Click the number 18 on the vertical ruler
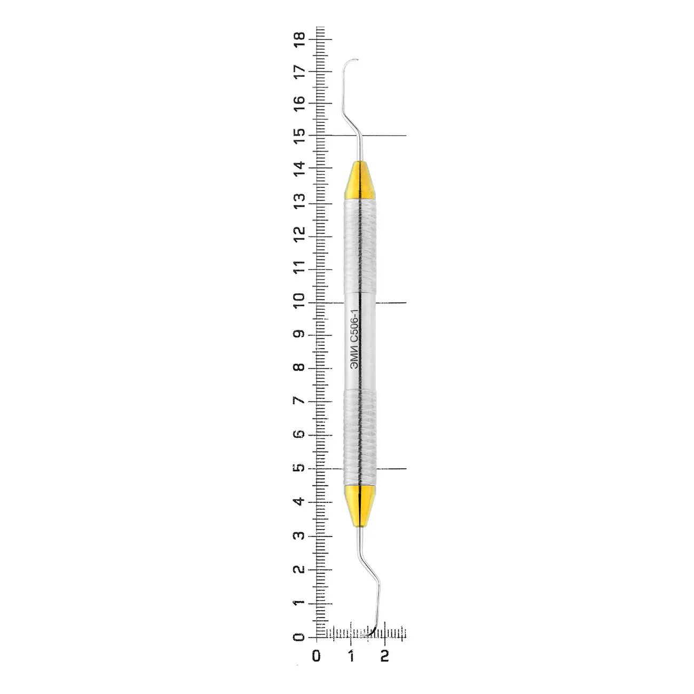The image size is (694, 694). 299,39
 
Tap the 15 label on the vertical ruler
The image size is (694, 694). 299,136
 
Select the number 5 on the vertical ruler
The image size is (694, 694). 299,468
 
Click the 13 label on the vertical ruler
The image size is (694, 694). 299,201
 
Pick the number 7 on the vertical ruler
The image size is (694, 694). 299,401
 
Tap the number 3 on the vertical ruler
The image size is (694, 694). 299,535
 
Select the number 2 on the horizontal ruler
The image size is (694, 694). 384,656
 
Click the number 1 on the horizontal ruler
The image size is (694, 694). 351,656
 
